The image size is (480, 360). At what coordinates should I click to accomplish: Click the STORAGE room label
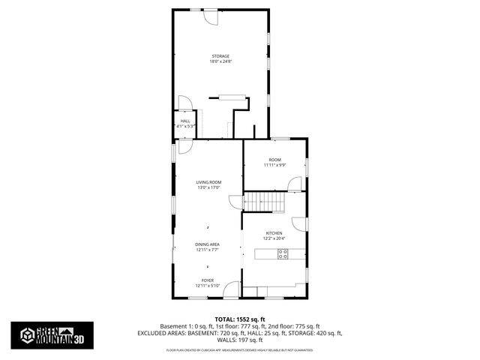pos(220,55)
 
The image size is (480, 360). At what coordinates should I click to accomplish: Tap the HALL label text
pos(185,121)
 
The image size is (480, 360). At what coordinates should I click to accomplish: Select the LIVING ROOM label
pos(209,182)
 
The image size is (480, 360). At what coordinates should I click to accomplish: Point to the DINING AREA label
pos(207,244)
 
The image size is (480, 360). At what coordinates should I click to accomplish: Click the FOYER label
pos(207,280)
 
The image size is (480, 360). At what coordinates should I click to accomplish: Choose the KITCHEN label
pos(274,233)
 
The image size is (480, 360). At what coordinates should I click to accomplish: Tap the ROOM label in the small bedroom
pos(274,159)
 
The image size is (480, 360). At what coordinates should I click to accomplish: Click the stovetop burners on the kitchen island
pos(283,255)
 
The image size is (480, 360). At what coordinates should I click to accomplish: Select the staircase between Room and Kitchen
pos(263,201)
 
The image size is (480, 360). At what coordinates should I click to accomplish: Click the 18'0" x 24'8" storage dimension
pos(220,61)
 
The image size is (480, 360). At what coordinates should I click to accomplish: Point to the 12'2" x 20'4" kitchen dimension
pos(274,239)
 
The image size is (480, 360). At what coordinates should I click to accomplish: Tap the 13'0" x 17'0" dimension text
pos(209,188)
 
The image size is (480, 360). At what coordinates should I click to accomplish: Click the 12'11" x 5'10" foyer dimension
pos(207,286)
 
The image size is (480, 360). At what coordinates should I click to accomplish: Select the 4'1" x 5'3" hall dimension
pos(185,127)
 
